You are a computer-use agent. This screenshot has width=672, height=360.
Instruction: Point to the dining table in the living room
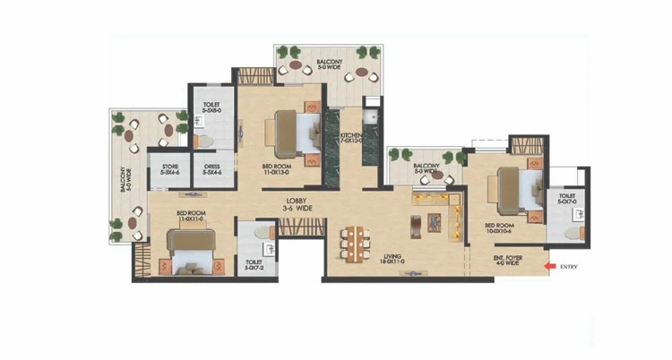(x=355, y=243)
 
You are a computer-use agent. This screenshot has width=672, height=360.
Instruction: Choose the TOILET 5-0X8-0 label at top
(x=211, y=107)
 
